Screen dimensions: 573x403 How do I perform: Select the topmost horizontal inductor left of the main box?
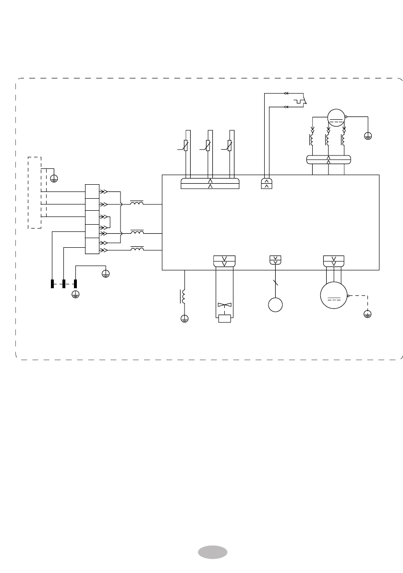[137, 204]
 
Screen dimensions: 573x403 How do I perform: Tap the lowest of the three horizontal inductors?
[137, 249]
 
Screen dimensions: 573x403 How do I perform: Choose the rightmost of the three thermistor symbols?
[230, 145]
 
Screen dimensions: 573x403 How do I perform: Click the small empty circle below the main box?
[276, 305]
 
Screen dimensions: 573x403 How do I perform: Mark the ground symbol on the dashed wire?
[367, 314]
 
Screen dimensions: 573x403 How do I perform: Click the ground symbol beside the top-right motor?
[368, 136]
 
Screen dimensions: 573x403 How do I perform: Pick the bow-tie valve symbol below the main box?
[224, 305]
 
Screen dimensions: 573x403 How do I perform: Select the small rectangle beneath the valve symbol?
[224, 318]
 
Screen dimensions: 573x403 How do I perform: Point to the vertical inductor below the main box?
[183, 296]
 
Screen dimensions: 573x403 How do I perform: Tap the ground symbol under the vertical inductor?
[184, 318]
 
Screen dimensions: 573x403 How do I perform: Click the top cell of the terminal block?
[92, 191]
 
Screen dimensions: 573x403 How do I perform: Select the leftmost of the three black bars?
[52, 284]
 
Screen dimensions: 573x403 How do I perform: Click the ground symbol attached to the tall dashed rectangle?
[54, 178]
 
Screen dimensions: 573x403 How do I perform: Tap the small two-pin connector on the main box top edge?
[267, 183]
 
